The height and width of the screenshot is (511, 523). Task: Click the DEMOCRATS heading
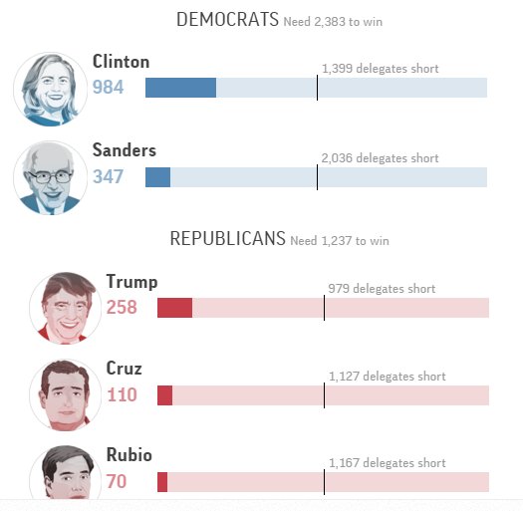(x=227, y=19)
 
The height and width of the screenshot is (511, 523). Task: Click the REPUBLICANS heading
(x=227, y=239)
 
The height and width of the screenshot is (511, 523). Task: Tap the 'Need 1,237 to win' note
(x=340, y=241)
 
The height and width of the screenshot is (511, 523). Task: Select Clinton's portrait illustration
(x=50, y=89)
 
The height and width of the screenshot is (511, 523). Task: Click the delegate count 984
(x=108, y=88)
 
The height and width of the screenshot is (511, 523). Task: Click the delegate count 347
(x=108, y=177)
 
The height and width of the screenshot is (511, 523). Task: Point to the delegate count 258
(x=122, y=308)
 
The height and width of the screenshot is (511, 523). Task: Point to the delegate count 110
(x=122, y=395)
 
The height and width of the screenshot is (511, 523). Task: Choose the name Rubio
(x=130, y=455)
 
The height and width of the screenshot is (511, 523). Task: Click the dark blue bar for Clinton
(x=180, y=88)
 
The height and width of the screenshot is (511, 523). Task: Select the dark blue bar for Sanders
(x=157, y=177)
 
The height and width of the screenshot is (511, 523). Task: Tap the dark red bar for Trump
(x=174, y=308)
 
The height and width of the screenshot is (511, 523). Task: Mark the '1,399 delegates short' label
(x=380, y=69)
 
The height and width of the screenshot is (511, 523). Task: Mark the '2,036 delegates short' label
(x=380, y=158)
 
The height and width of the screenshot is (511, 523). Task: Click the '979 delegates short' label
(x=382, y=289)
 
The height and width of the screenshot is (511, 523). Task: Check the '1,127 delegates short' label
(x=387, y=377)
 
